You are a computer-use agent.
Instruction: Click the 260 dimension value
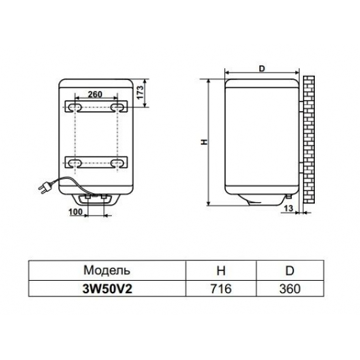point(96,94)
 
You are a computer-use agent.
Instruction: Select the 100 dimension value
point(75,213)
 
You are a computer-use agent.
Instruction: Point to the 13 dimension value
point(288,208)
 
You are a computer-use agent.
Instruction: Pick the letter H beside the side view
point(204,141)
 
